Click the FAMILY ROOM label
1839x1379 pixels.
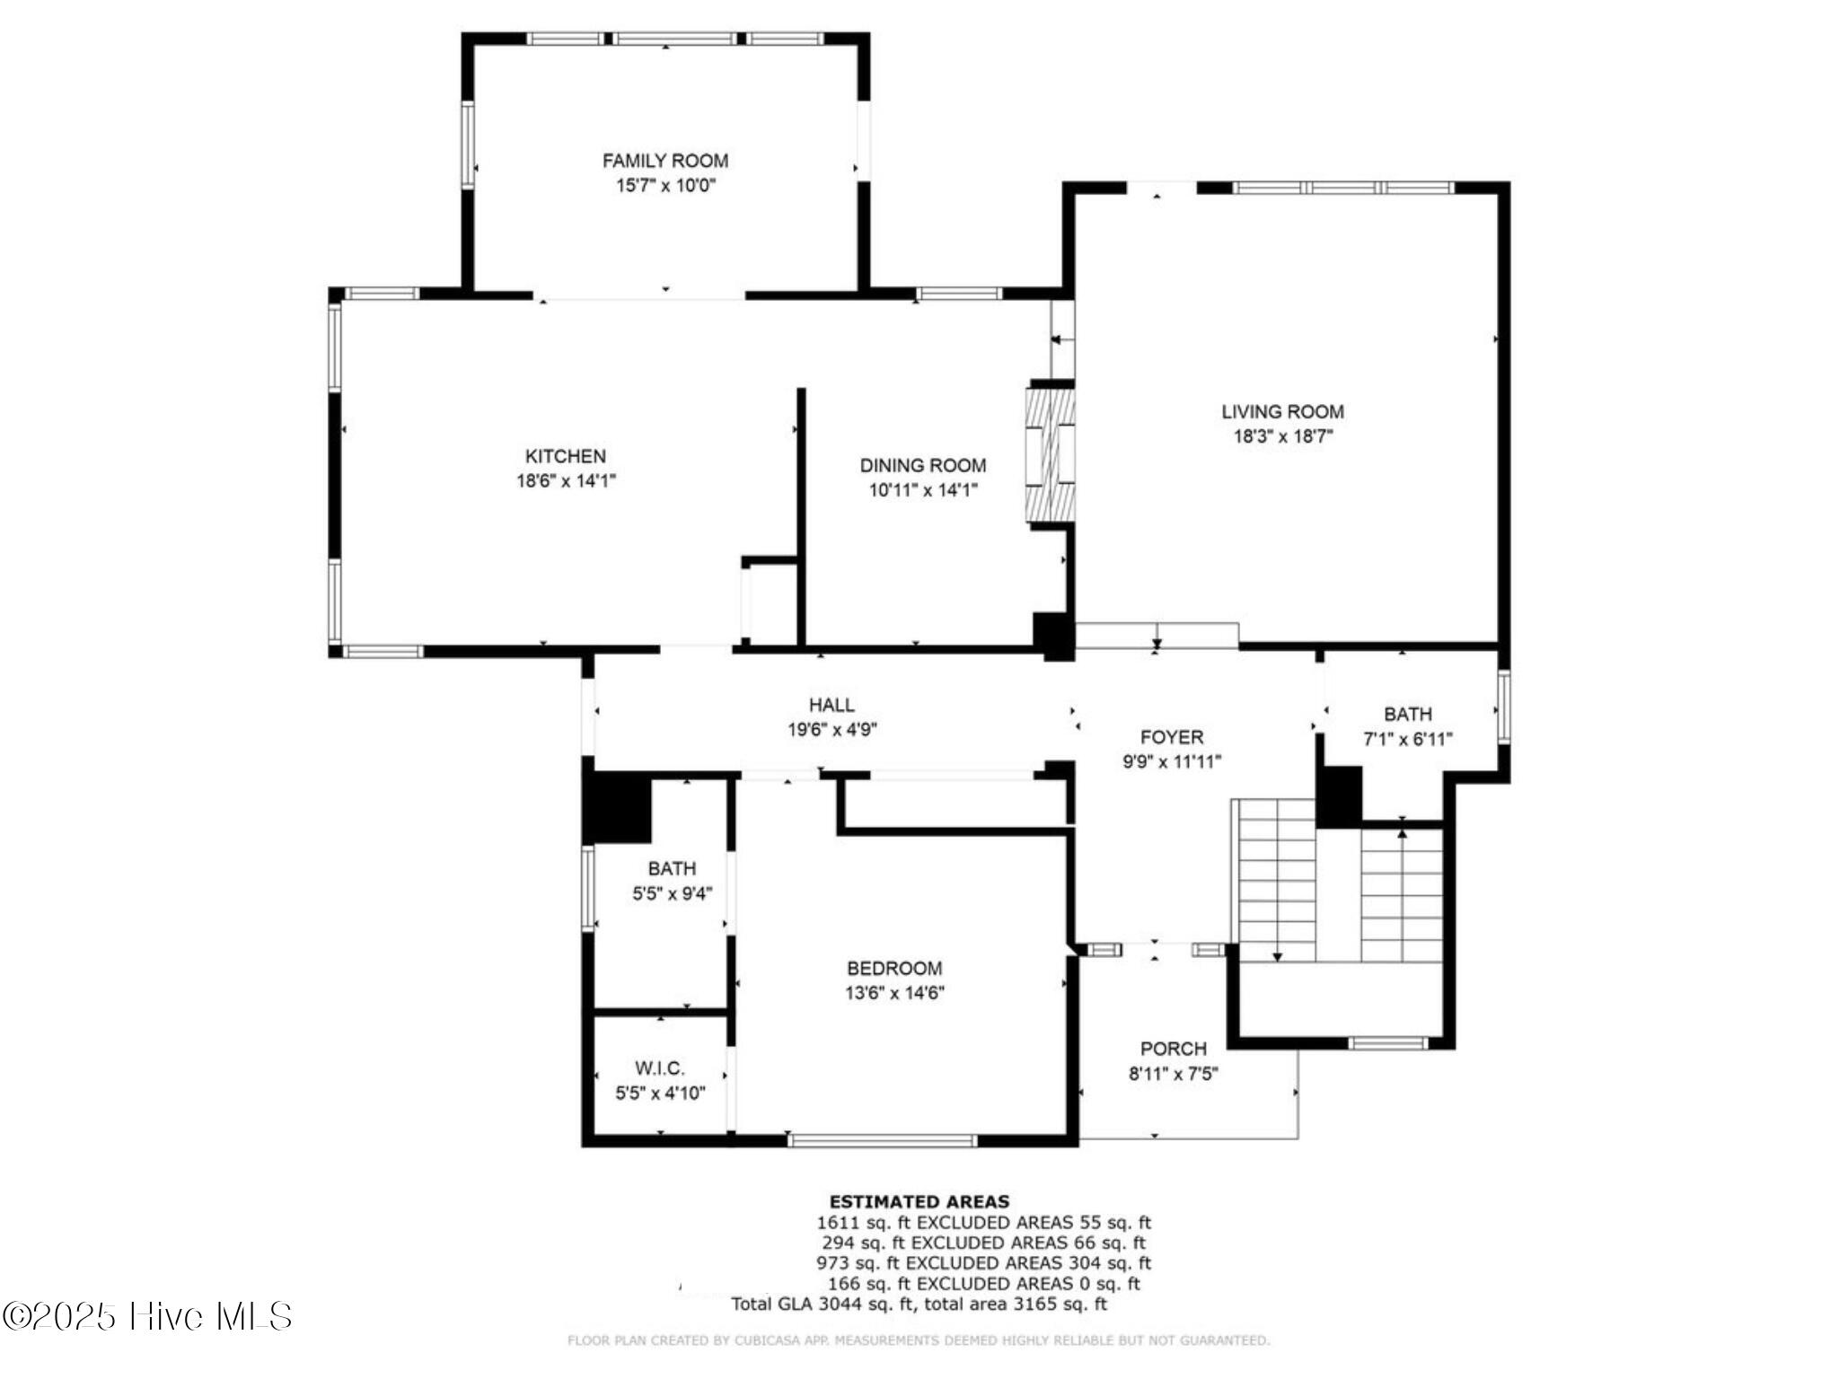click(664, 161)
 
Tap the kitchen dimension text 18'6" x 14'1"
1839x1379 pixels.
click(566, 481)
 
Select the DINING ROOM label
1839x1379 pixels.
click(922, 465)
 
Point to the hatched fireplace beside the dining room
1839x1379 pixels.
click(1050, 453)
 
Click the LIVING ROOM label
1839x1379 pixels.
click(1282, 411)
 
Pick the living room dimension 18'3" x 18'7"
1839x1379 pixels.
click(1282, 437)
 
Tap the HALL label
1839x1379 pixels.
click(832, 705)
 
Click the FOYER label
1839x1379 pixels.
click(1171, 737)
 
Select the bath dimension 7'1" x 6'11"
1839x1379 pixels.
click(1407, 740)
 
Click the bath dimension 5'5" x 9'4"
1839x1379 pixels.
click(672, 894)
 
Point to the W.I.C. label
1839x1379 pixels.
click(660, 1068)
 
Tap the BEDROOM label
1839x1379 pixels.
click(894, 968)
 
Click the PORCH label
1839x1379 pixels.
click(1173, 1049)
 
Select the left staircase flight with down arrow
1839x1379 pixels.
click(1276, 880)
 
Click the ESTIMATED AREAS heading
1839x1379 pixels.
click(919, 1201)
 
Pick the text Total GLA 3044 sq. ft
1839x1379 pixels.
click(822, 1304)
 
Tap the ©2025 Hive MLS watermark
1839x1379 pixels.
click(147, 1316)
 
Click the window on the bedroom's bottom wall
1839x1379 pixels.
click(882, 1141)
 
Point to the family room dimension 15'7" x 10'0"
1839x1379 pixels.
click(664, 186)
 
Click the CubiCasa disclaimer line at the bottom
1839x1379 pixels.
click(918, 1340)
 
